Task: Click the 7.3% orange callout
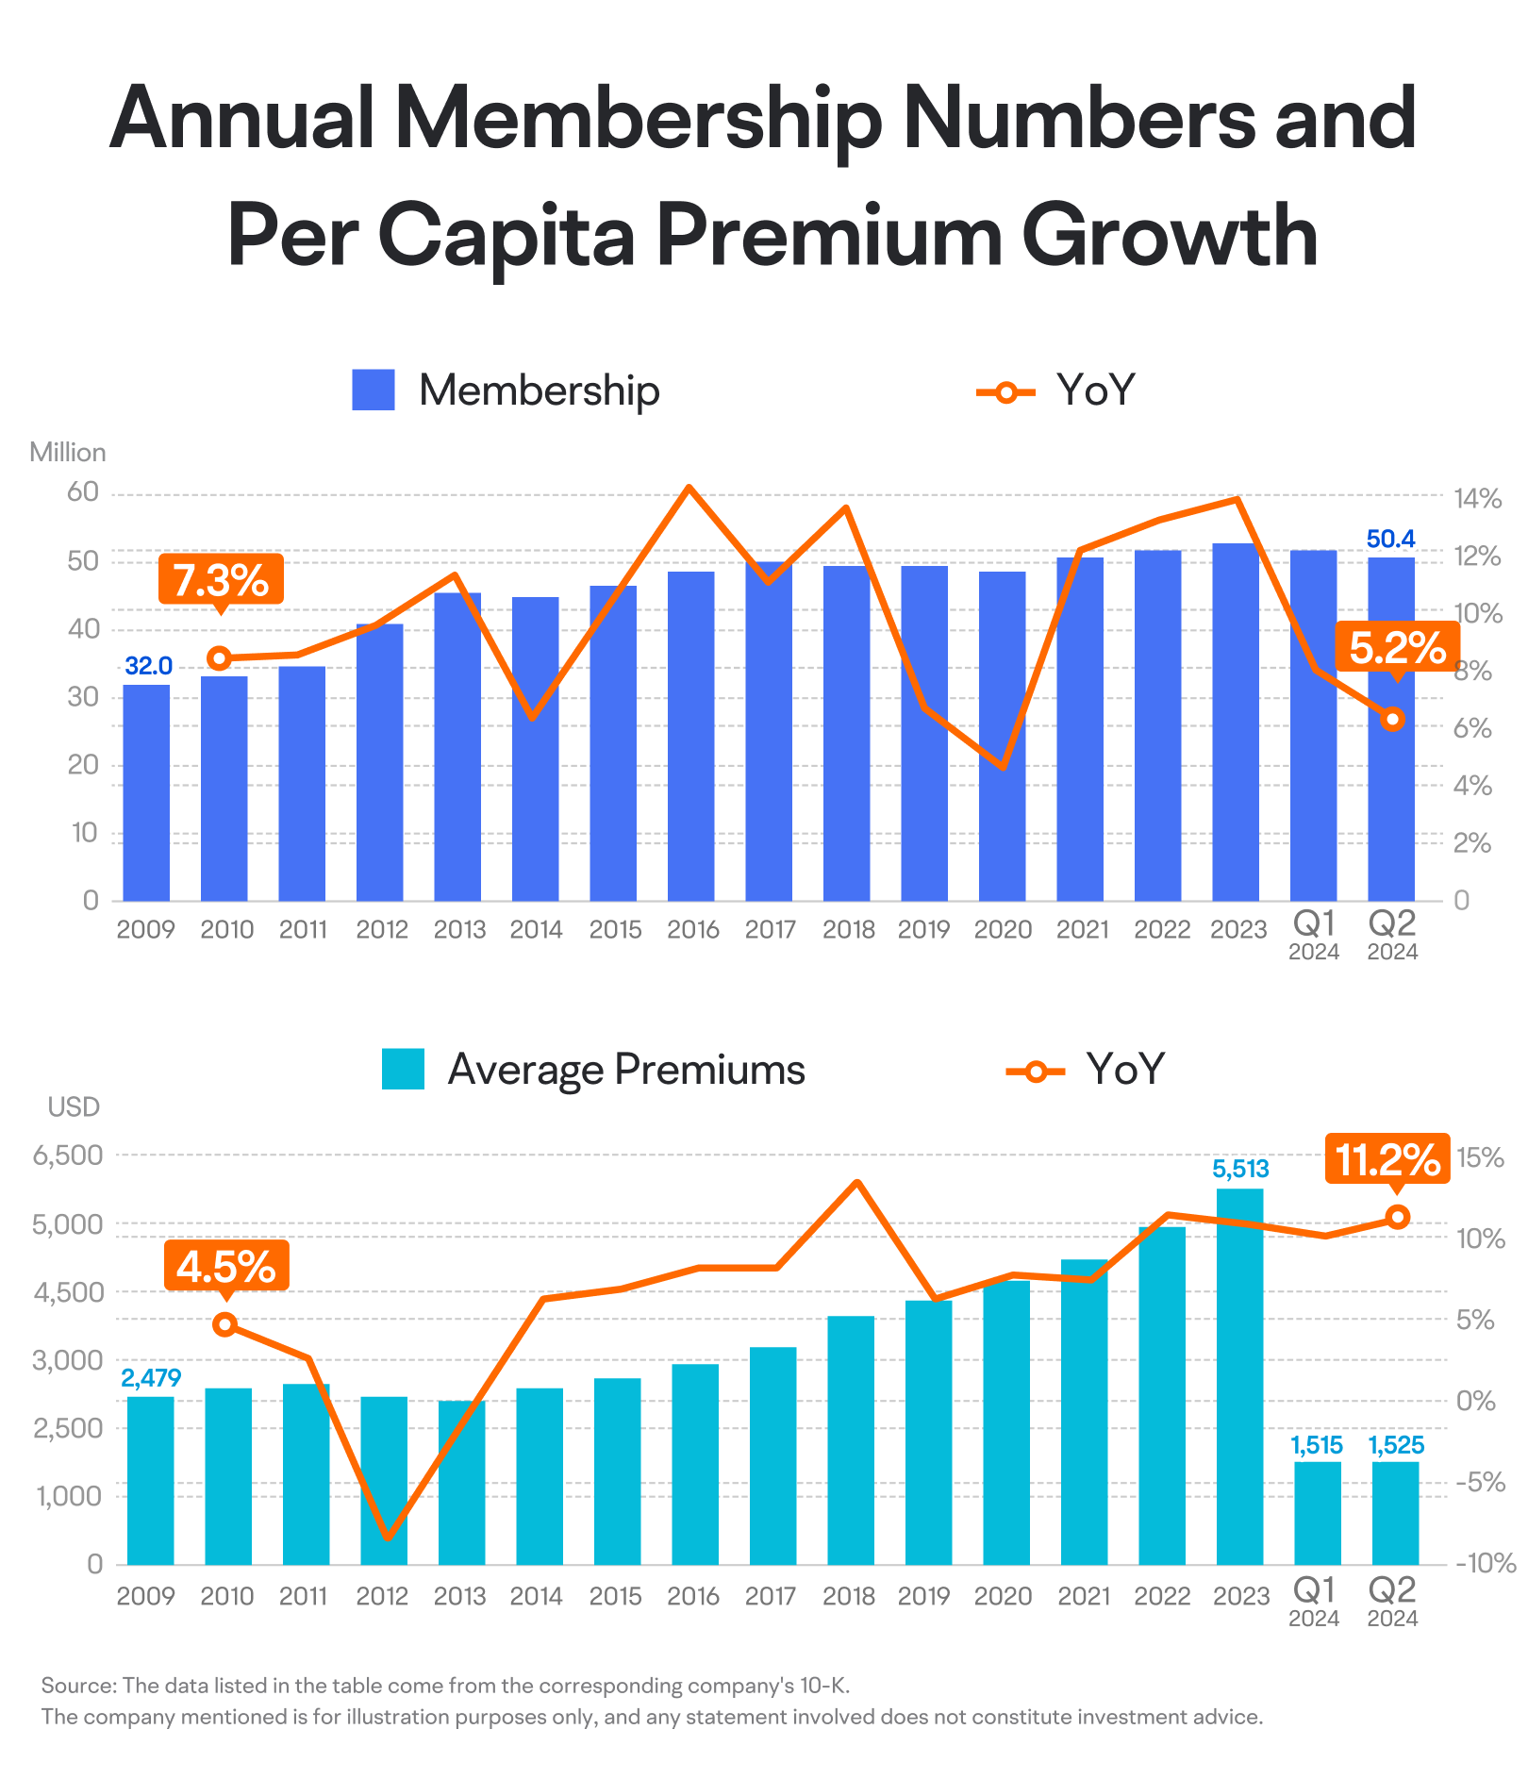(x=221, y=579)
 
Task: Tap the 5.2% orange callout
(x=1397, y=648)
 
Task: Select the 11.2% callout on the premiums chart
(x=1387, y=1159)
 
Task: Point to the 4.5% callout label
(x=226, y=1266)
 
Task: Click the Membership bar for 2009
(x=146, y=792)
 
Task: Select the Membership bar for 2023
(x=1236, y=723)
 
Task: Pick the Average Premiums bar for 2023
(x=1240, y=1376)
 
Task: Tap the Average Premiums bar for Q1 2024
(x=1318, y=1513)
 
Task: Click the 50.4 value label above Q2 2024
(x=1391, y=539)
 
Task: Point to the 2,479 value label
(x=151, y=1378)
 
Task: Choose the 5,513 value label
(x=1240, y=1170)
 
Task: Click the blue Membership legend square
(x=374, y=390)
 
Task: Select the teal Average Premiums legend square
(x=403, y=1069)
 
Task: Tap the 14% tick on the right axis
(x=1477, y=499)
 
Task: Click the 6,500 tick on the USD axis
(x=68, y=1156)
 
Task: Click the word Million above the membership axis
(x=68, y=453)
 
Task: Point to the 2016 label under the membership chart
(x=693, y=930)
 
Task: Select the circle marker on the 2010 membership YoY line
(x=220, y=658)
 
